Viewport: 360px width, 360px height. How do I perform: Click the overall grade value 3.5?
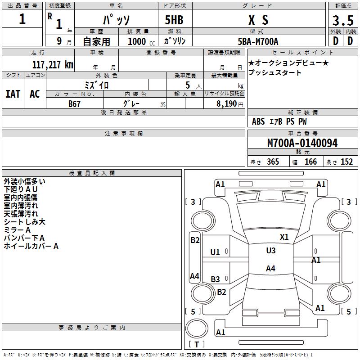pos(343,20)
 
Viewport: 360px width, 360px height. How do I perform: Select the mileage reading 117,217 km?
pos(53,65)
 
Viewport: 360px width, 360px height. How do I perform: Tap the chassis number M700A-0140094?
pos(302,143)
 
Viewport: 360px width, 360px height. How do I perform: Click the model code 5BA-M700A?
pos(258,41)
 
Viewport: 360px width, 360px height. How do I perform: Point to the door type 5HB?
pos(174,20)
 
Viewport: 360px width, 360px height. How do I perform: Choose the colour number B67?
pos(74,104)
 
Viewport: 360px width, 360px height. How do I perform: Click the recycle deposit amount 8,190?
pos(226,104)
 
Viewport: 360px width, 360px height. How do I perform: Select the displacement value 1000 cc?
pos(141,41)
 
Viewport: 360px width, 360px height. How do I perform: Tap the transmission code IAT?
pos(13,94)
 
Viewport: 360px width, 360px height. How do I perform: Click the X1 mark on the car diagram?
pos(284,237)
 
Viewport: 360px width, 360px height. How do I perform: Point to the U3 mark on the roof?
pos(271,251)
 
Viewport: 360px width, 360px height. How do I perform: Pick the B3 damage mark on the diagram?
pos(215,279)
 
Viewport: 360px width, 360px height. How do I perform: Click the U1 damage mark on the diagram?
pos(215,252)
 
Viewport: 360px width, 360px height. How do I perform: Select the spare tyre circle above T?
pos(197,328)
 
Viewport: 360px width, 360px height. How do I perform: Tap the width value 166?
pos(310,162)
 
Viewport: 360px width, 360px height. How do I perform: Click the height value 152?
pos(346,162)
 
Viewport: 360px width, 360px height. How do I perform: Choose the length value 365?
pos(273,162)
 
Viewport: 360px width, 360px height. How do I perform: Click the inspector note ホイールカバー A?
pos(31,246)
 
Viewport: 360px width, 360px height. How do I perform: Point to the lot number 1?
pos(22,19)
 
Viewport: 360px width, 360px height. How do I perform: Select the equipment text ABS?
pos(258,121)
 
